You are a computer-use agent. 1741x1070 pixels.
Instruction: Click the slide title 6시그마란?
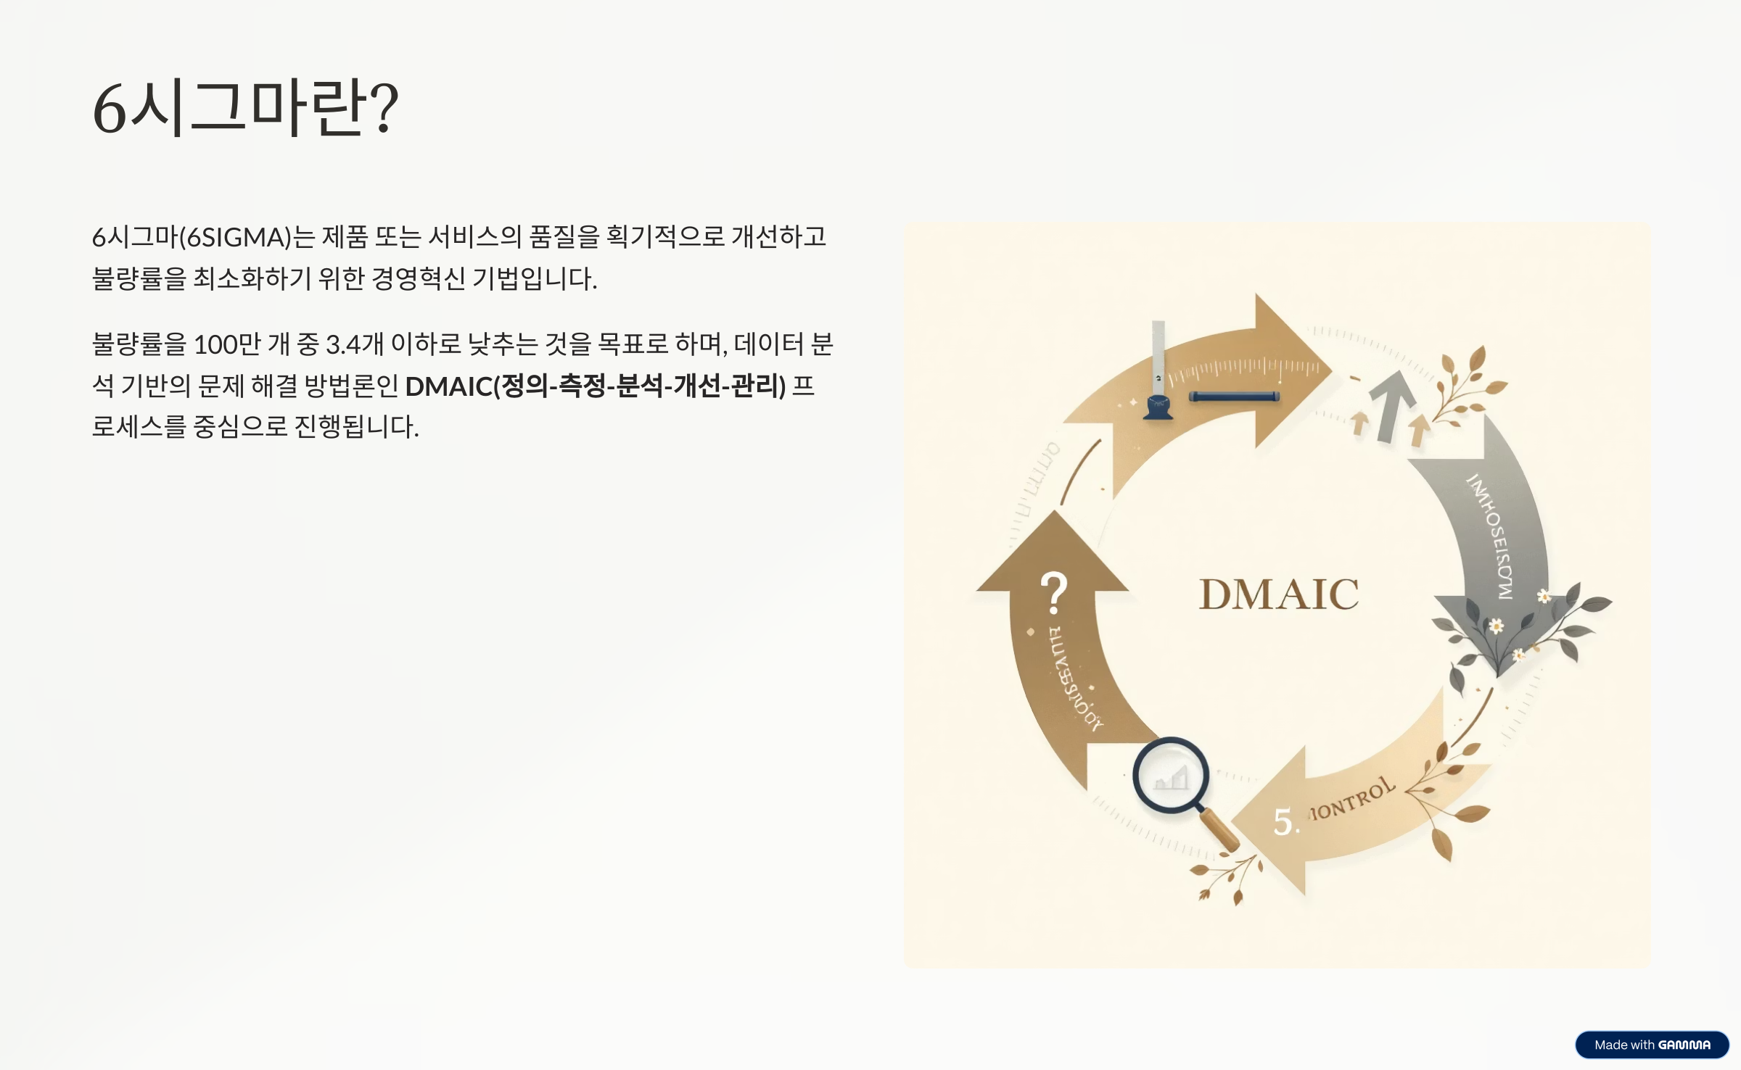click(x=245, y=108)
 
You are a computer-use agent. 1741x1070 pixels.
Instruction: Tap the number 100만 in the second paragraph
click(x=227, y=344)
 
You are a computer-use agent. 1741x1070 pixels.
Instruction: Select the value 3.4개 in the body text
click(x=354, y=344)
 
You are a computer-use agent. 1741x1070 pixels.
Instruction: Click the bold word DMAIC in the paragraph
click(x=448, y=386)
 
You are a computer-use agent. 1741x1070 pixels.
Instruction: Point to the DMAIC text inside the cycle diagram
click(x=1278, y=594)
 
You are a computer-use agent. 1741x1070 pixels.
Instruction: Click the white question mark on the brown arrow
click(x=1054, y=592)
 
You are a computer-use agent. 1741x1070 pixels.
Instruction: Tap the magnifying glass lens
click(x=1170, y=776)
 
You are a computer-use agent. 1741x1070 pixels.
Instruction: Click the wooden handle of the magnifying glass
click(x=1221, y=831)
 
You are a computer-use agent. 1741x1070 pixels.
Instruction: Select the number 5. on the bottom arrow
click(x=1286, y=822)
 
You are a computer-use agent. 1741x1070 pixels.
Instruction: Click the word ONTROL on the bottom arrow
click(x=1354, y=800)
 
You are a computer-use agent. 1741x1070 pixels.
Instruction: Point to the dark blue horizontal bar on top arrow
click(x=1234, y=397)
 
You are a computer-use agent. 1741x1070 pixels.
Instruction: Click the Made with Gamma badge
click(x=1652, y=1045)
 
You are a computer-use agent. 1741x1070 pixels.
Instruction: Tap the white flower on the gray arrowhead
click(x=1496, y=626)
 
